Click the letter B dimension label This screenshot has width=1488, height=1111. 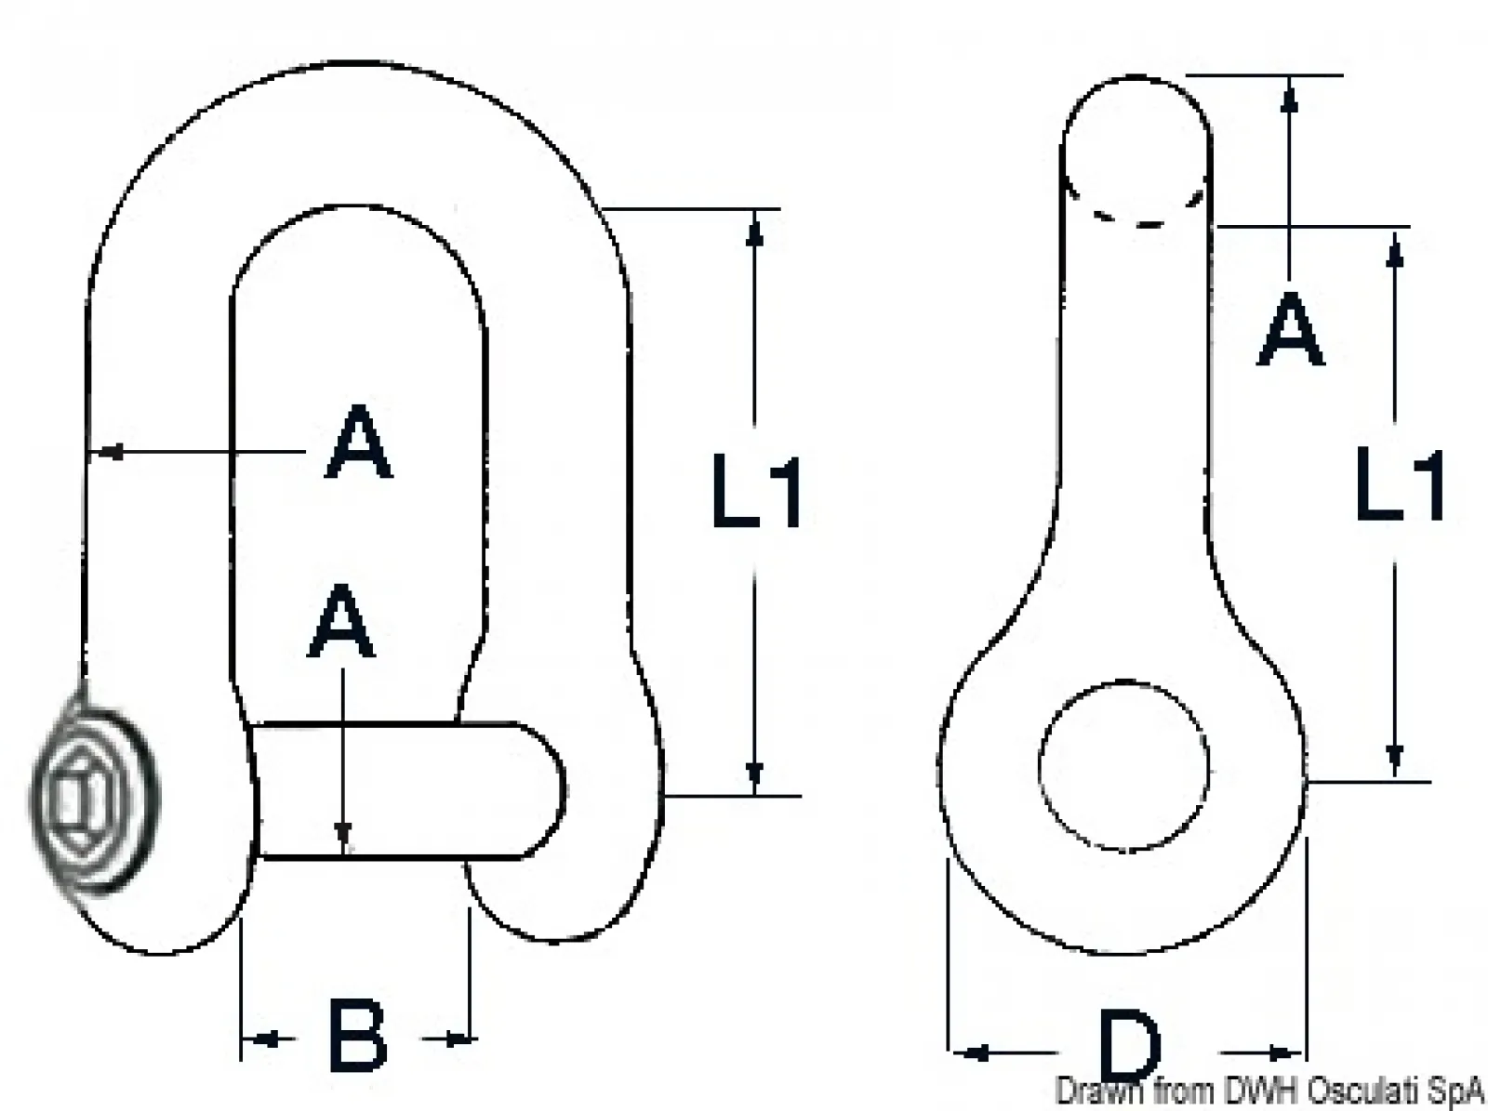[x=357, y=1036]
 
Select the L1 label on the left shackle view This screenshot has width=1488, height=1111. [x=757, y=492]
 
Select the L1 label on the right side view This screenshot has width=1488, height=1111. [x=1400, y=485]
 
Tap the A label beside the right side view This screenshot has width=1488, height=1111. [x=1290, y=329]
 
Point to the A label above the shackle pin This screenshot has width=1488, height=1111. [x=341, y=622]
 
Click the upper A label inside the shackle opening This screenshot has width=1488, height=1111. [x=359, y=442]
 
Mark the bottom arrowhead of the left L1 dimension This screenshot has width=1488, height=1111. [x=754, y=776]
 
